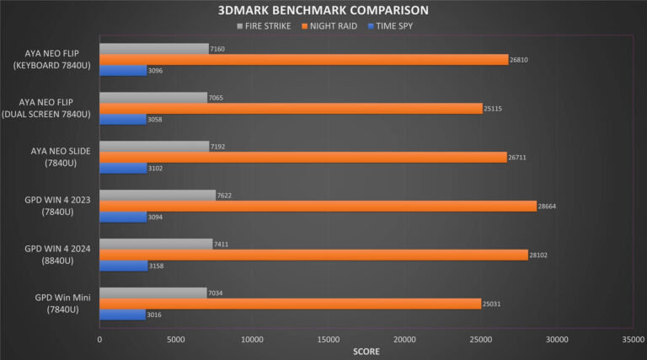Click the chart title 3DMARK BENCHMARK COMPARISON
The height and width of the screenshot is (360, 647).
(323, 10)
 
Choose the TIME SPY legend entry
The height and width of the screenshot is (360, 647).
(395, 25)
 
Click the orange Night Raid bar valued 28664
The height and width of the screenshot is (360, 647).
(318, 206)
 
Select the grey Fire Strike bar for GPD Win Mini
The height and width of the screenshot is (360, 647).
(153, 293)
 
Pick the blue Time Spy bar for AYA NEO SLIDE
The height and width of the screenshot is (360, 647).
(123, 169)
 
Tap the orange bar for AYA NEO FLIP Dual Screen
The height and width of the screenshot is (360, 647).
(291, 109)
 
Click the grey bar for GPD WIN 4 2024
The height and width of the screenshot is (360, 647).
(156, 244)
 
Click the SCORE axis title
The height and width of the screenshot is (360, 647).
(366, 351)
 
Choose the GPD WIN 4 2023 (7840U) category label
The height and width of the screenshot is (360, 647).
(51, 206)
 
